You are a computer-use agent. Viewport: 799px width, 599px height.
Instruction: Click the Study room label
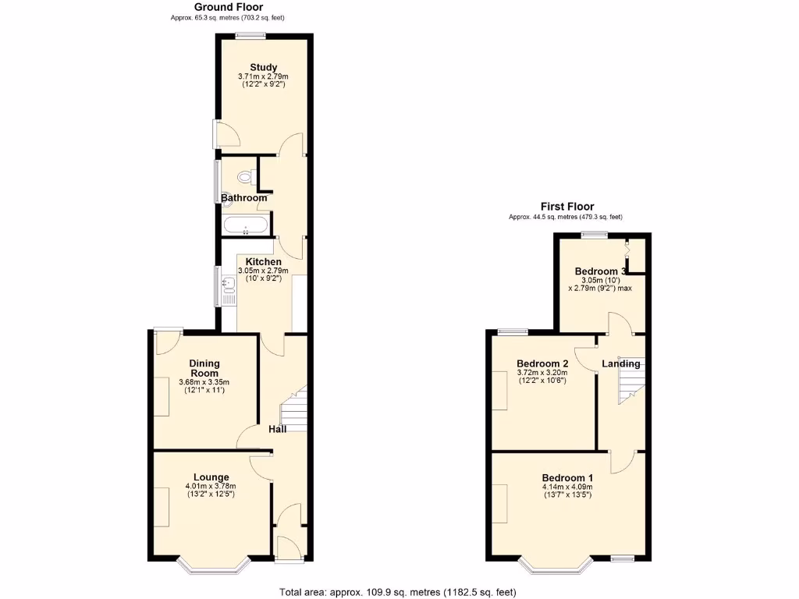coord(264,67)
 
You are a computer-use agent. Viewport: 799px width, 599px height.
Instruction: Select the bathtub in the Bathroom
coord(245,227)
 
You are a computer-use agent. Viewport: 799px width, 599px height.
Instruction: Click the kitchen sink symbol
coord(229,293)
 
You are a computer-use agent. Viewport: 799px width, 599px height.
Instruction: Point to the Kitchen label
coord(264,261)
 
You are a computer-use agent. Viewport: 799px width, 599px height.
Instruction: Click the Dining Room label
coord(204,368)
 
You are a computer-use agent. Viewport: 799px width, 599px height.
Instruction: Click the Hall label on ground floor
coord(278,429)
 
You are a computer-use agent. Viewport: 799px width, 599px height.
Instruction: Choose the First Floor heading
coord(565,207)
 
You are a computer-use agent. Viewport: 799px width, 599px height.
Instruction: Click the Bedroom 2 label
coord(542,363)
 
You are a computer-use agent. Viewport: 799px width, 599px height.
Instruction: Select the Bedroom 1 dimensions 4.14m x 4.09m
coord(568,487)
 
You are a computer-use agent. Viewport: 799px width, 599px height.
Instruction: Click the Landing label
coord(621,363)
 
